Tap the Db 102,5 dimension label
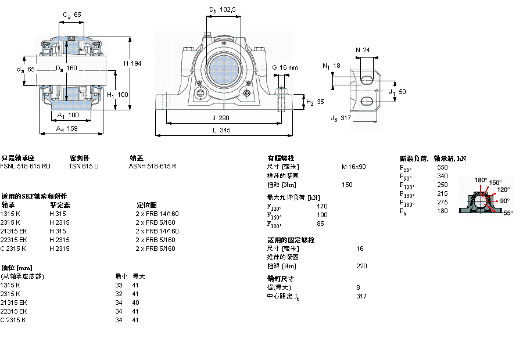click(223, 9)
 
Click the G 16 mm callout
click(285, 67)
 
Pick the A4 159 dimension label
click(68, 129)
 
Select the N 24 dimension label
click(363, 50)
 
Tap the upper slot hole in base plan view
click(367, 79)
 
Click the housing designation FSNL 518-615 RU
click(26, 166)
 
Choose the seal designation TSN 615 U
click(84, 166)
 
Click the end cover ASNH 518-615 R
click(152, 166)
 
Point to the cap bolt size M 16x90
click(354, 167)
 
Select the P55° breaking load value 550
click(442, 167)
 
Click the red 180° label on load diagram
click(481, 179)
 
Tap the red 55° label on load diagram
click(508, 213)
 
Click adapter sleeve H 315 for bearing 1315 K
click(57, 214)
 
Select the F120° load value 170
click(321, 206)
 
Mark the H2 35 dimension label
click(316, 102)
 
